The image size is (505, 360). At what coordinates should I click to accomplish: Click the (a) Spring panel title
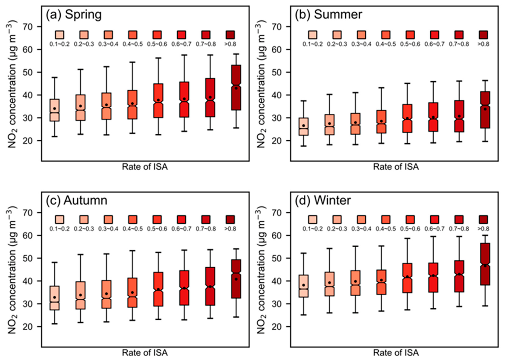pyautogui.click(x=74, y=15)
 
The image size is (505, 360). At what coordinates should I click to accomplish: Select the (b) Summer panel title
pyautogui.click(x=329, y=15)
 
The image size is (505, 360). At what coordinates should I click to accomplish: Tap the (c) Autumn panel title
pyautogui.click(x=76, y=201)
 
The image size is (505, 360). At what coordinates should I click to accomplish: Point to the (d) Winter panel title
pyautogui.click(x=323, y=201)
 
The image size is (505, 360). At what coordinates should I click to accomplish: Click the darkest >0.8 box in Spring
pyautogui.click(x=236, y=88)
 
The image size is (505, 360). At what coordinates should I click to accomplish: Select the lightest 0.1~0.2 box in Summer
pyautogui.click(x=303, y=127)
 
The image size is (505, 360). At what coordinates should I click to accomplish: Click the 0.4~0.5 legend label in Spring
pyautogui.click(x=133, y=44)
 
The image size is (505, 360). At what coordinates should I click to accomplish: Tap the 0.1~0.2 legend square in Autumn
pyautogui.click(x=59, y=220)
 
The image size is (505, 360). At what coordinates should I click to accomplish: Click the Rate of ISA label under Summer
pyautogui.click(x=396, y=167)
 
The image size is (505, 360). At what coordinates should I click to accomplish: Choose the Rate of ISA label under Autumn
pyautogui.click(x=144, y=353)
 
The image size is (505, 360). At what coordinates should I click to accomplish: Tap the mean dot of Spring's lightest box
pyautogui.click(x=54, y=109)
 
